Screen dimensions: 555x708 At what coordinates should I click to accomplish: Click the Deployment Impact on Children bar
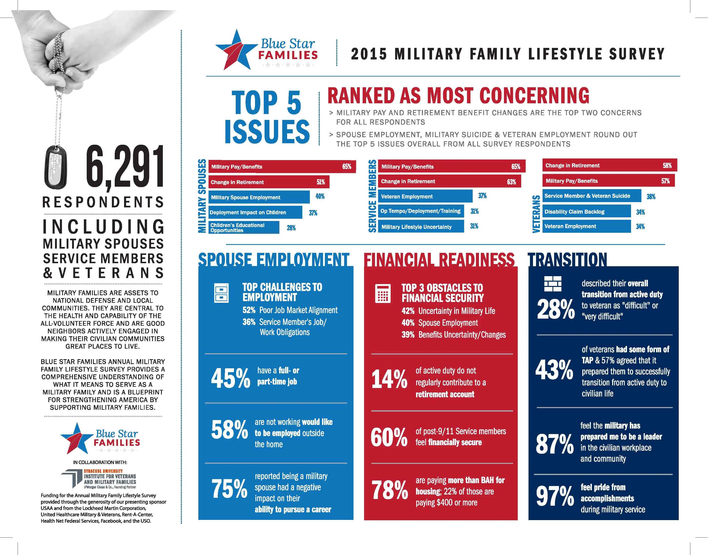(255, 212)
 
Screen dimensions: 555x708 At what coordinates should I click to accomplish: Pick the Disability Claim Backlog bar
(586, 211)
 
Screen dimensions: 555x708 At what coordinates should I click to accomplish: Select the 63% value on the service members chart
(511, 182)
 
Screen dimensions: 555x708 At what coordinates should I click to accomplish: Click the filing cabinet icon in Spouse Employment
(221, 293)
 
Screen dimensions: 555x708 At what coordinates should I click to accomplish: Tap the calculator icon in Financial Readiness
(383, 293)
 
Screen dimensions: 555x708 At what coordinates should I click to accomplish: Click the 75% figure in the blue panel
(229, 489)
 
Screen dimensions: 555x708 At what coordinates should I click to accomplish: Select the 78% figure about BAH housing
(389, 490)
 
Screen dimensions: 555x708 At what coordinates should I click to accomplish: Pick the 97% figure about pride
(555, 496)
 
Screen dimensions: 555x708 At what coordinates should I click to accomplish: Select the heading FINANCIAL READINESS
(440, 260)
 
